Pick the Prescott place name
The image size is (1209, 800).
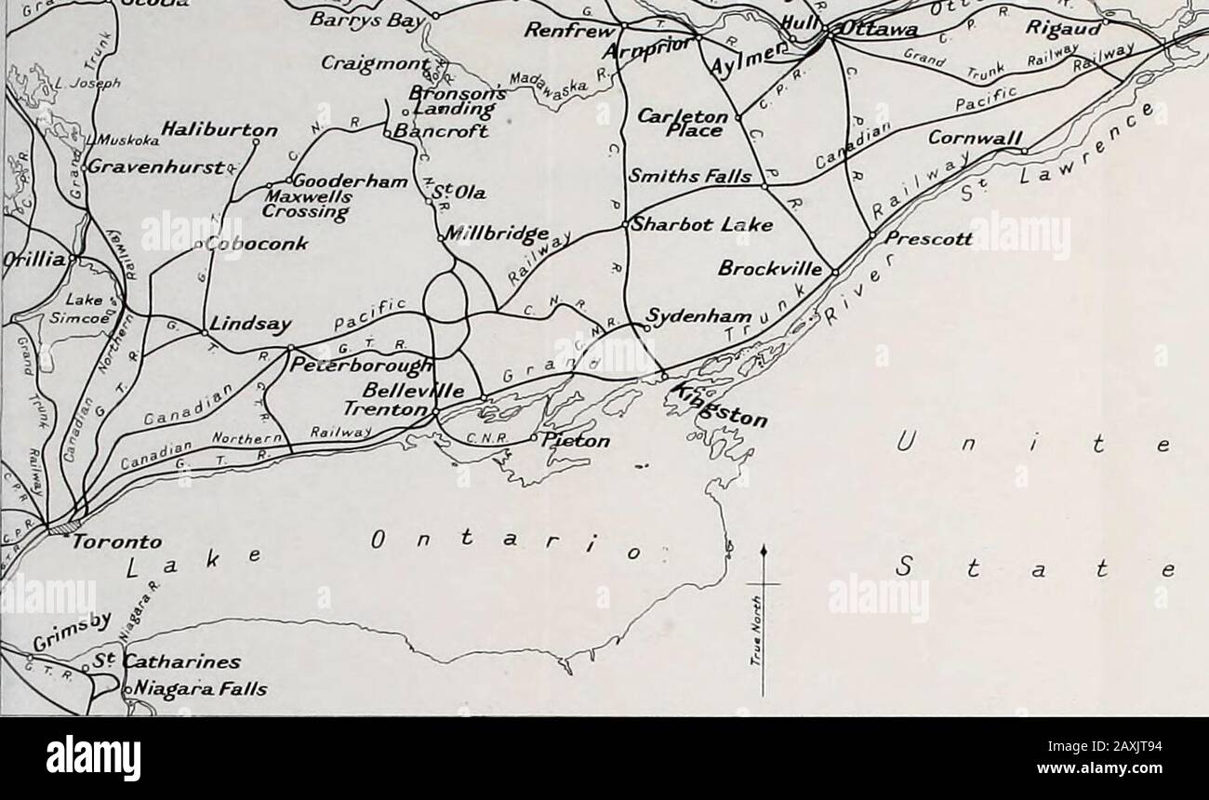click(930, 239)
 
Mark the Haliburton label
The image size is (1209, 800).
click(222, 129)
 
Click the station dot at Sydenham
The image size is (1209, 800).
click(642, 325)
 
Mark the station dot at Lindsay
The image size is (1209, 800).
click(204, 330)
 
